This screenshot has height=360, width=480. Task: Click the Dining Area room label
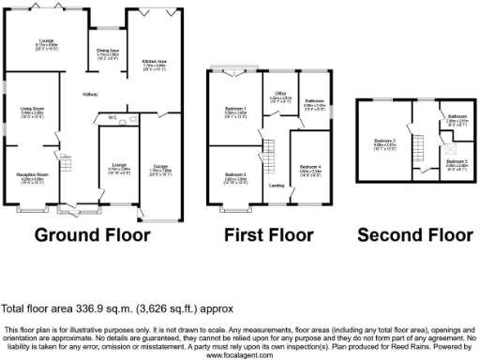tap(108, 51)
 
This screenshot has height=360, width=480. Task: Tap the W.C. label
tap(112, 118)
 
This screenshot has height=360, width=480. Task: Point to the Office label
tap(279, 96)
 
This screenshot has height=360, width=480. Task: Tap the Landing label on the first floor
tap(277, 186)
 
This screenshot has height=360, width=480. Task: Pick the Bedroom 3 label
tap(234, 175)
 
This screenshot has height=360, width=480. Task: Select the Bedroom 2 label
tap(384, 143)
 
